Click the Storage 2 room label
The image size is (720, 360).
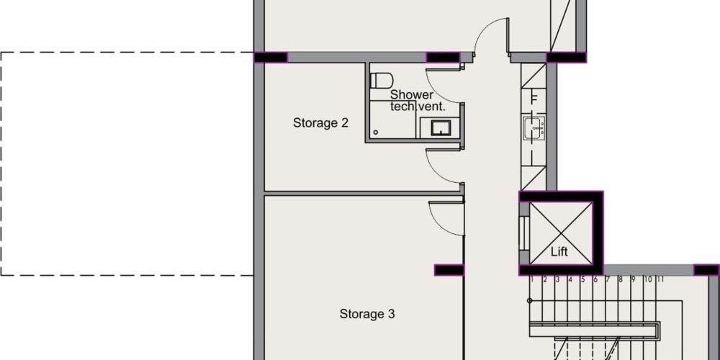[x=320, y=123]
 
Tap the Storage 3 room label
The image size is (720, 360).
[x=367, y=314]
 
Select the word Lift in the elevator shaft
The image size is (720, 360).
[x=559, y=251]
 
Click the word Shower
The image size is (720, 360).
[x=411, y=95]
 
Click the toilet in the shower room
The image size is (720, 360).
[x=381, y=81]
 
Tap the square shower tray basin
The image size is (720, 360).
[x=441, y=127]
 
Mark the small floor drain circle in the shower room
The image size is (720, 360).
[x=376, y=132]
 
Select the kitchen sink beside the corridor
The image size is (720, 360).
[x=534, y=127]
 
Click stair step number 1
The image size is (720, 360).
[x=532, y=279]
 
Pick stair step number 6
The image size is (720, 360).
[x=595, y=279]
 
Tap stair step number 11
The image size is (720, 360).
[x=660, y=279]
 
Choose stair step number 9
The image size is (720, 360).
[x=633, y=279]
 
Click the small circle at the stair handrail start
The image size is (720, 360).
[x=529, y=301]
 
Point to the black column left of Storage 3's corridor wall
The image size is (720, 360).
[x=449, y=270]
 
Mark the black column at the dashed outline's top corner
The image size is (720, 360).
[x=271, y=58]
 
